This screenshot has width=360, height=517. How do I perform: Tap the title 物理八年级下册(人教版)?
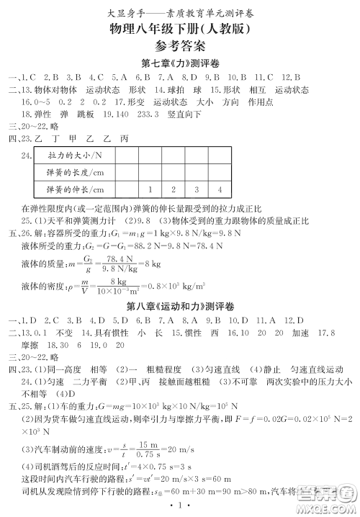(179, 29)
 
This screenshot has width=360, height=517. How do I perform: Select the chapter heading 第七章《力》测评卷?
(179, 63)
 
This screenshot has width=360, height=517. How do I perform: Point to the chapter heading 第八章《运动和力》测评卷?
(179, 305)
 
